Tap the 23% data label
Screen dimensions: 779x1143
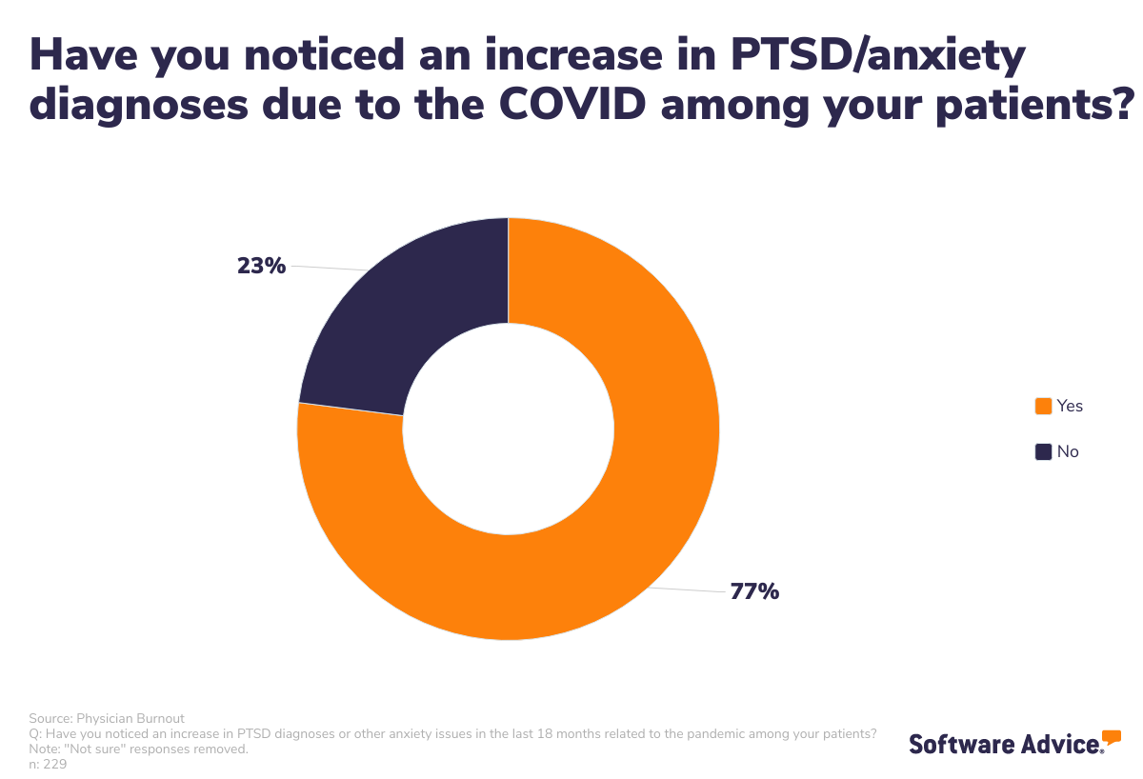point(261,266)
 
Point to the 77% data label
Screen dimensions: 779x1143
point(754,591)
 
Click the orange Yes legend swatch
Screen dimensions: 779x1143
point(1043,406)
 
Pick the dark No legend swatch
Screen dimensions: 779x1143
point(1043,451)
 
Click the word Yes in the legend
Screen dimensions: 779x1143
point(1070,406)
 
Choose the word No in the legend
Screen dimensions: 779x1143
point(1068,451)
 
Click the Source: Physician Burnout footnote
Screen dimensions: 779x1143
point(107,718)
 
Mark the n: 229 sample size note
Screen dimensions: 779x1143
point(48,764)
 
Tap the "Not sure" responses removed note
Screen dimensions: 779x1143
point(139,749)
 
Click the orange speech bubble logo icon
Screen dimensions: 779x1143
point(1111,737)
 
